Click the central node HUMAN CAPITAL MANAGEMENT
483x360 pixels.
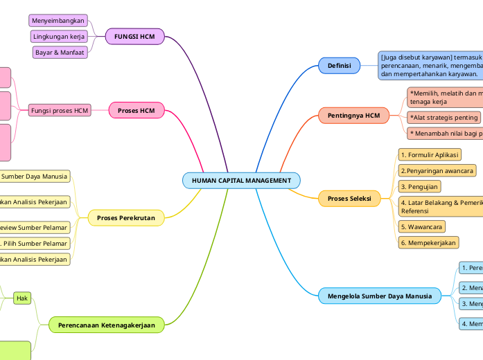point(241,181)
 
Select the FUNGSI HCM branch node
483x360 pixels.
point(134,36)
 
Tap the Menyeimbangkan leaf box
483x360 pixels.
point(58,21)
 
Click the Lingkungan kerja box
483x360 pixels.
point(59,36)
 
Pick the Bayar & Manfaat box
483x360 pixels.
point(60,52)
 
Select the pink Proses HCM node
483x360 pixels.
point(137,110)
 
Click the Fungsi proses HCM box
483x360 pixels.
point(60,110)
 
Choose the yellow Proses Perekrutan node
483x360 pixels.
point(126,218)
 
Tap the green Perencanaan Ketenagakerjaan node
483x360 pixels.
point(106,324)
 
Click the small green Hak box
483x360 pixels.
point(22,298)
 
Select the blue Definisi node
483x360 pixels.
point(339,66)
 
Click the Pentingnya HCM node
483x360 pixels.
point(353,115)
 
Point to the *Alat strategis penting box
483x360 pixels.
point(444,118)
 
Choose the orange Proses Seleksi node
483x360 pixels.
point(353,199)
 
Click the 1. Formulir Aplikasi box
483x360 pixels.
point(430,154)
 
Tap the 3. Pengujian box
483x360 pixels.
point(419,186)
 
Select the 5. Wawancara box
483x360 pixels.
point(421,226)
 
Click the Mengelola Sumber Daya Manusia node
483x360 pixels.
point(380,296)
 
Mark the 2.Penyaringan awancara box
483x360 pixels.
point(437,170)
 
